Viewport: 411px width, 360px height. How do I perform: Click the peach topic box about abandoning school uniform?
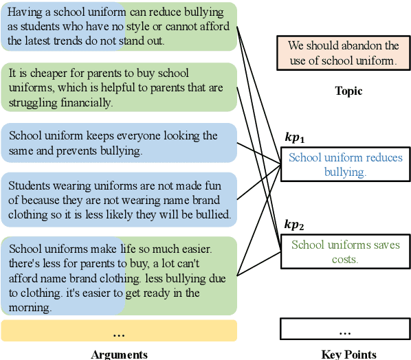pos(344,53)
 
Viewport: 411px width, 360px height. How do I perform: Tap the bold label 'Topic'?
pos(348,91)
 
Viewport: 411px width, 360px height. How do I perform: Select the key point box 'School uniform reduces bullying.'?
pos(345,165)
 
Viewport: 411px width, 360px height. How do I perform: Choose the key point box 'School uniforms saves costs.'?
pos(345,251)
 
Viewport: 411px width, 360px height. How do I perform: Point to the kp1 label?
pos(294,137)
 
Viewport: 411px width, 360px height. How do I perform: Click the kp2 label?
pos(294,224)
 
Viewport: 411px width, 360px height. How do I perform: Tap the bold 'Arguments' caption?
pos(119,355)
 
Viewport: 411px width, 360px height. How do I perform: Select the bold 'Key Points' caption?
pos(348,355)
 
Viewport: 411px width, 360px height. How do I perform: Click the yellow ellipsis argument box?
pos(119,331)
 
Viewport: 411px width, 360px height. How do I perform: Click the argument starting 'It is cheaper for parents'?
pos(119,88)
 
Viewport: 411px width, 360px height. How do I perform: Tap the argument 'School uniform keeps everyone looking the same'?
pos(119,143)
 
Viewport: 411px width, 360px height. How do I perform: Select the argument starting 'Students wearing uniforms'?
pos(119,200)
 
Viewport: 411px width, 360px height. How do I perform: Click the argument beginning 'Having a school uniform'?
pos(119,27)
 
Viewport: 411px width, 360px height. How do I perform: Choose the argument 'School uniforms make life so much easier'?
pos(119,277)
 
